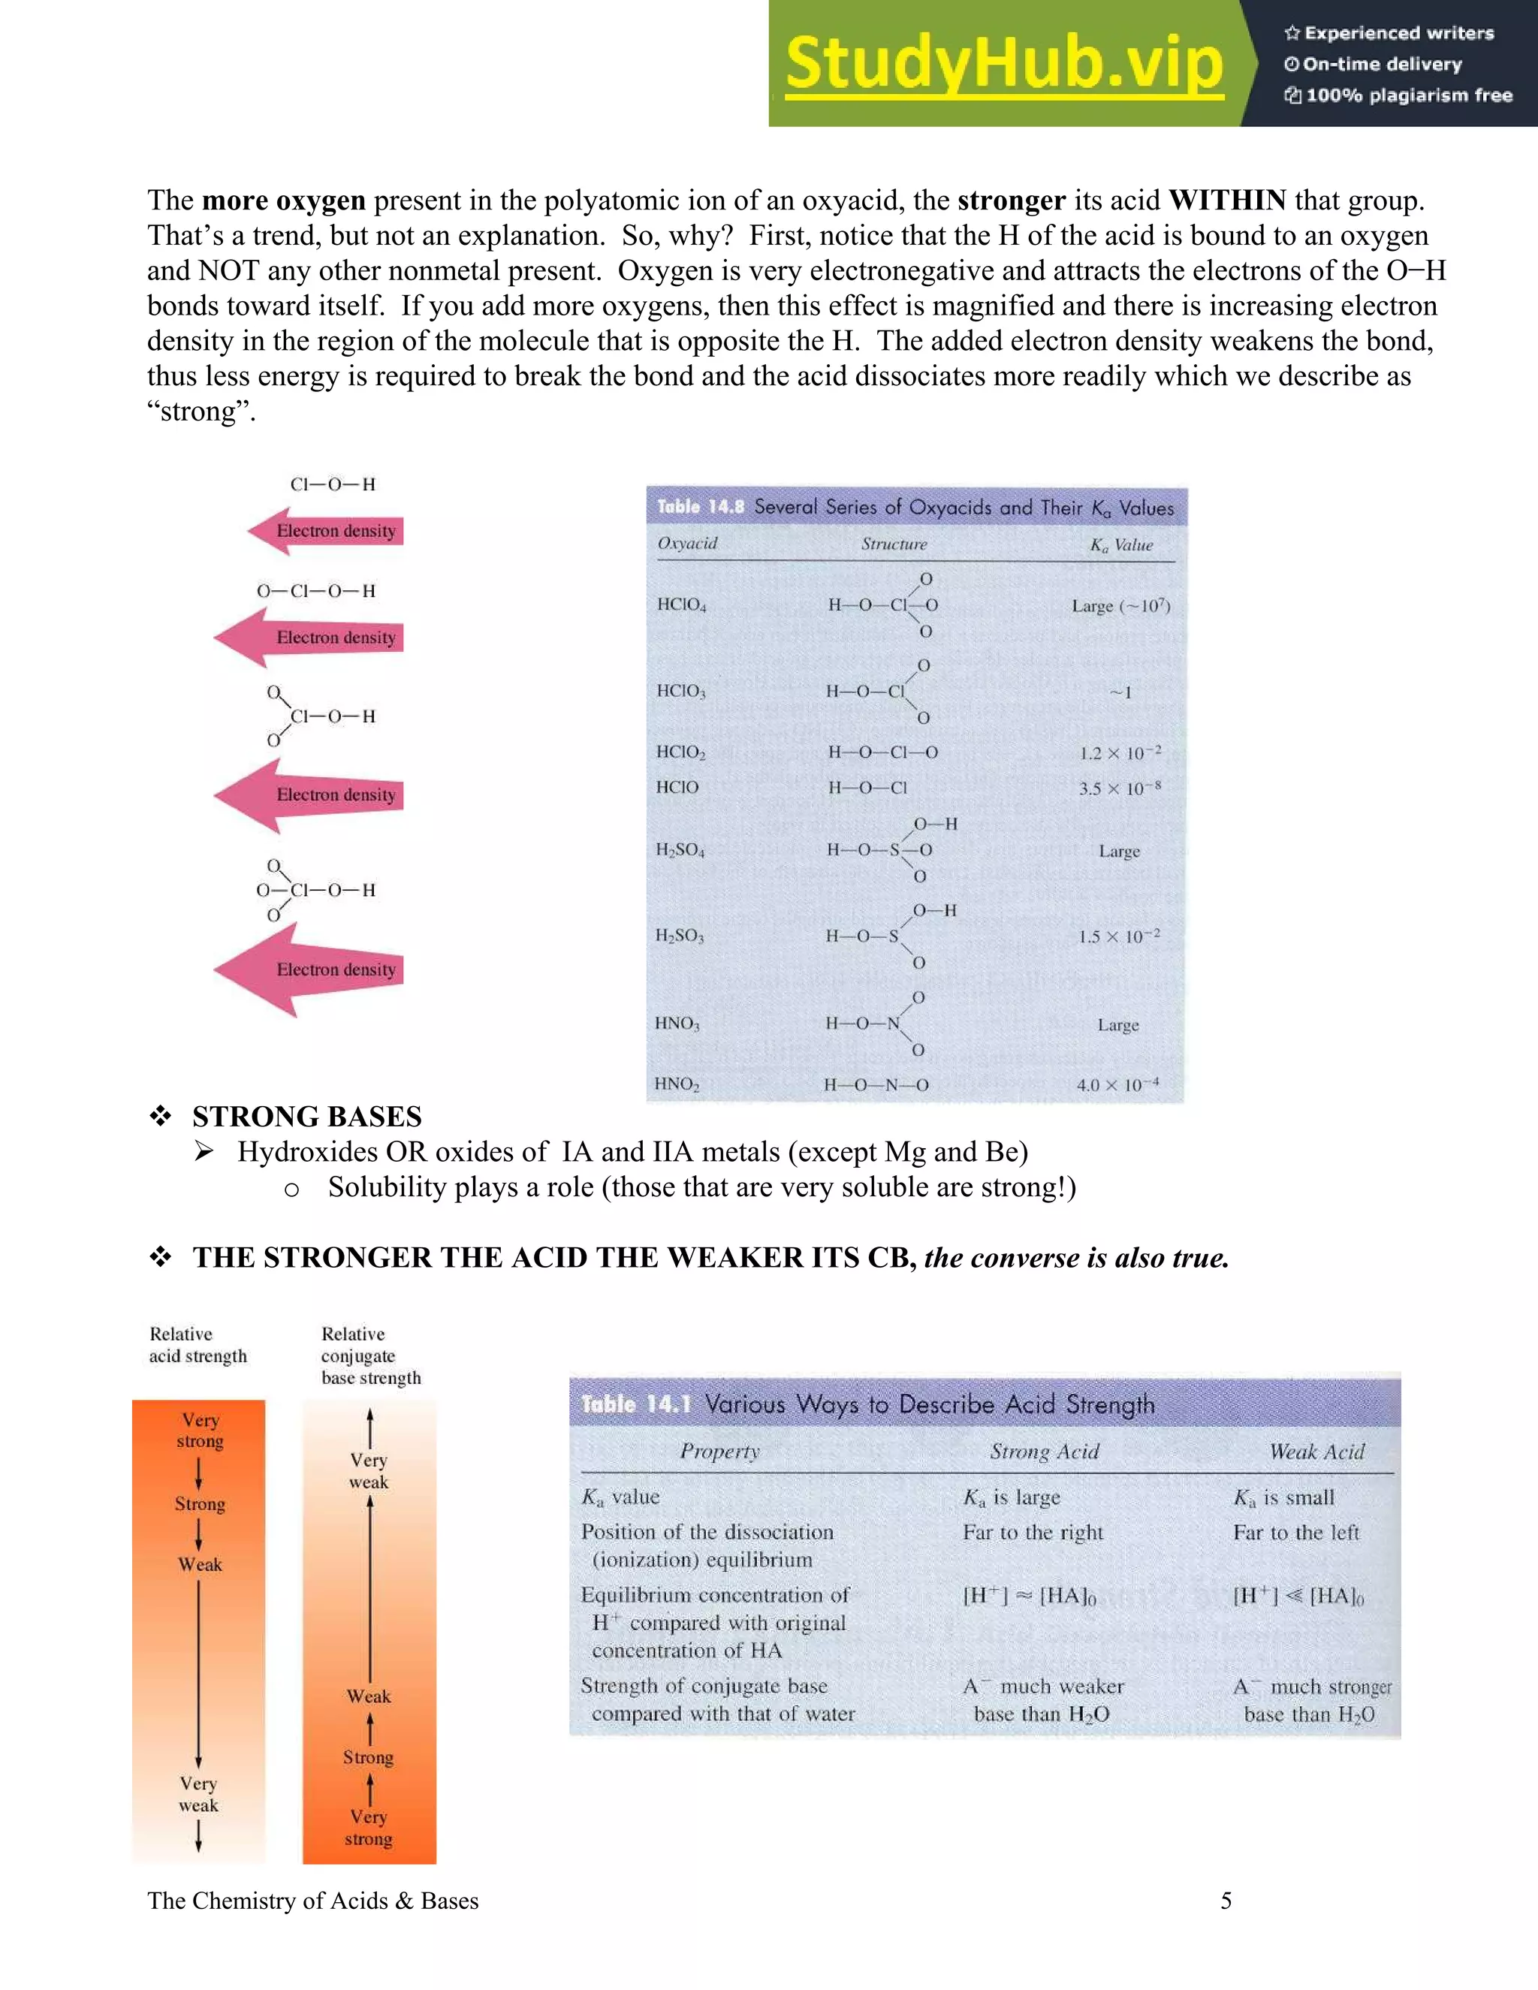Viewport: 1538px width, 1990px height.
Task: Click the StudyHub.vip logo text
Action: (1004, 63)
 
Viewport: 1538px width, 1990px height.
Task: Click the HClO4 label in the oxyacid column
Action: (682, 605)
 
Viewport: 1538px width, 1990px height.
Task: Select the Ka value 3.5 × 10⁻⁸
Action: (1120, 788)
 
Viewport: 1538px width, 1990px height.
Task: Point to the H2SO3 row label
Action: (680, 936)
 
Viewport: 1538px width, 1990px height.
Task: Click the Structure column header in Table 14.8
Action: (894, 544)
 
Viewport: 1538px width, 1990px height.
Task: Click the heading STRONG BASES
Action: (307, 1116)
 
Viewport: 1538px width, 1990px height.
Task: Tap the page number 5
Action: (1226, 1900)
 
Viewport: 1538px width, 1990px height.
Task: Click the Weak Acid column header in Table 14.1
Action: (1316, 1452)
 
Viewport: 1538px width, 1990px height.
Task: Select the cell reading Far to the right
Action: (1033, 1533)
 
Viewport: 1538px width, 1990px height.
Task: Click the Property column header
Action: (719, 1452)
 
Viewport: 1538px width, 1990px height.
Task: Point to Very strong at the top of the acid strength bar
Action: (201, 1431)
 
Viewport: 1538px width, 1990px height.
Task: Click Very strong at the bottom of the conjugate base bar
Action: (368, 1828)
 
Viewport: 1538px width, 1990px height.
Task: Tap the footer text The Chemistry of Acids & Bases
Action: (312, 1900)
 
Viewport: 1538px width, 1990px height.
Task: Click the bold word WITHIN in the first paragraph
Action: (1227, 201)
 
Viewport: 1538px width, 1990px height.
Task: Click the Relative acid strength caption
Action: (198, 1345)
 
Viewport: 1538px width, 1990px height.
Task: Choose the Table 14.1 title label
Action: (636, 1404)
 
